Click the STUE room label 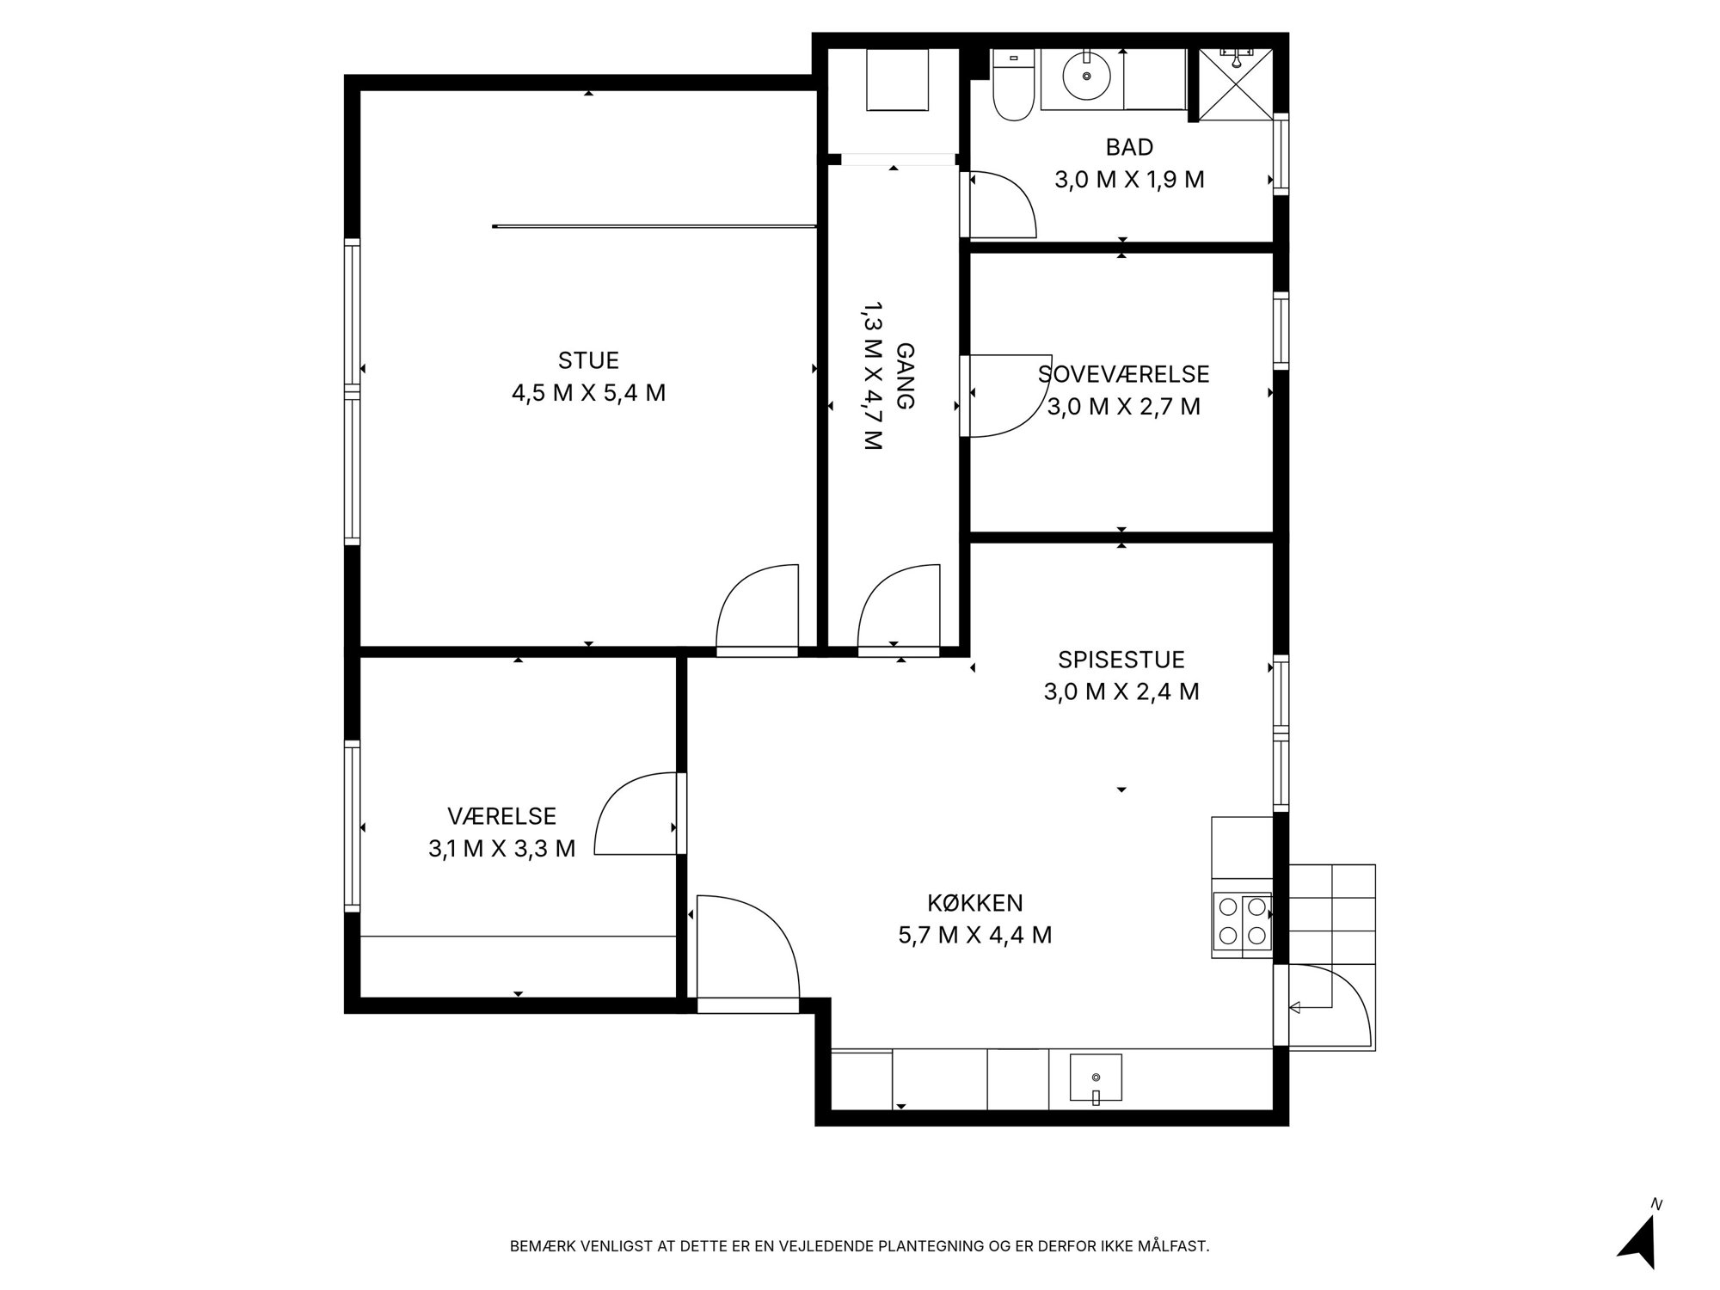pos(588,360)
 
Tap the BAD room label pos(1129,147)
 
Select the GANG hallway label pos(905,376)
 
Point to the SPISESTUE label pos(1121,660)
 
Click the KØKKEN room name pos(975,903)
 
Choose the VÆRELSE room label pos(502,816)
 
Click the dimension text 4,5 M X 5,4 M pos(589,393)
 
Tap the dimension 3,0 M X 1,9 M pos(1129,180)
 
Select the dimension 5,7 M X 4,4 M pos(975,935)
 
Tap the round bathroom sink pos(1087,76)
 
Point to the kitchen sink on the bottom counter pos(1096,1078)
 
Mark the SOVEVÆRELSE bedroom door pos(1006,396)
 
